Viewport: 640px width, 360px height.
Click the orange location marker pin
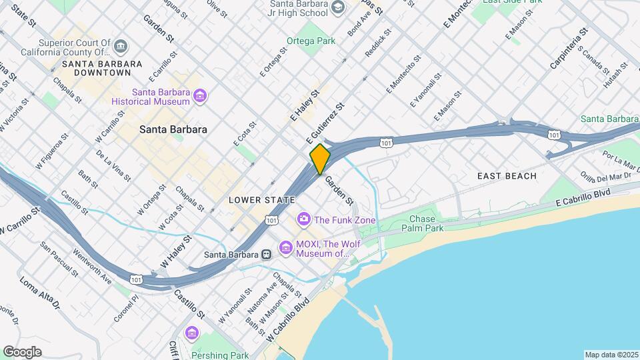[320, 159]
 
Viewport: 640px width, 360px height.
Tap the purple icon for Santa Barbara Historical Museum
[199, 97]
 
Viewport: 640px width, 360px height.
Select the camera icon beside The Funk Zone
[304, 219]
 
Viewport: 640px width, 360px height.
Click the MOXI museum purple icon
[286, 248]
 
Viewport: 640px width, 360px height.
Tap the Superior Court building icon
[121, 46]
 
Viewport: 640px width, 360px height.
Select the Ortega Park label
[311, 41]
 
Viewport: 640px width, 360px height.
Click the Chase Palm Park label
[422, 223]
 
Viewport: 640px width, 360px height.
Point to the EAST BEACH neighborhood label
[507, 176]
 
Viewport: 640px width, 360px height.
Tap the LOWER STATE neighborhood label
[261, 200]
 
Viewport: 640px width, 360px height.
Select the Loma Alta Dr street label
[39, 293]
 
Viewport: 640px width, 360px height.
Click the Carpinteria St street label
[569, 47]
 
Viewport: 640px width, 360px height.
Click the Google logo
[22, 351]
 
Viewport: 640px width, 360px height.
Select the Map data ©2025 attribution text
[611, 355]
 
